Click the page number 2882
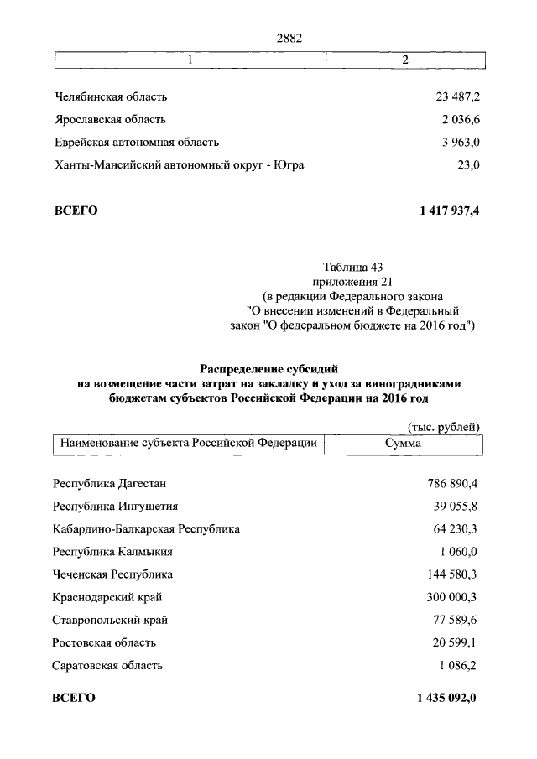pyautogui.click(x=289, y=37)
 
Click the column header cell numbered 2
pyautogui.click(x=405, y=60)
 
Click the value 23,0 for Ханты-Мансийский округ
pyautogui.click(x=467, y=165)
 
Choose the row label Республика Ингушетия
pyautogui.click(x=115, y=507)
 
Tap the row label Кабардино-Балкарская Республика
pyautogui.click(x=146, y=529)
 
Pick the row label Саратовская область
pyautogui.click(x=107, y=666)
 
